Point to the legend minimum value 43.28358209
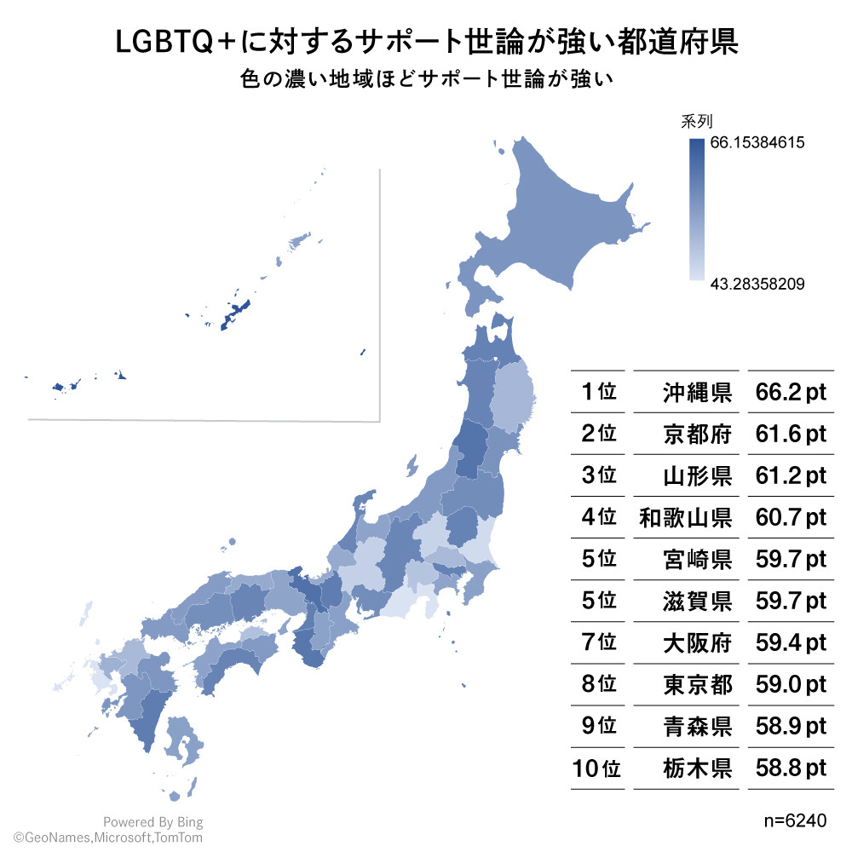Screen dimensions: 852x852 pyautogui.click(x=757, y=283)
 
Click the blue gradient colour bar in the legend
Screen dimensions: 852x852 pyautogui.click(x=696, y=209)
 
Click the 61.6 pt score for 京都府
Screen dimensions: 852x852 pyautogui.click(x=791, y=435)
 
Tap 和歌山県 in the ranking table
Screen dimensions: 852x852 pyautogui.click(x=686, y=517)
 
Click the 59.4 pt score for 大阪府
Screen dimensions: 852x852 pyautogui.click(x=791, y=642)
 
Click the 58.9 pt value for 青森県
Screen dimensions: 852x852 pyautogui.click(x=791, y=726)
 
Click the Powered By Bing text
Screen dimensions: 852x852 pyautogui.click(x=153, y=822)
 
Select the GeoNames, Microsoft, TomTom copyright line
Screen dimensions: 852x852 pyautogui.click(x=107, y=838)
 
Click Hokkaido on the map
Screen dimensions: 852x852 pyautogui.click(x=562, y=222)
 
